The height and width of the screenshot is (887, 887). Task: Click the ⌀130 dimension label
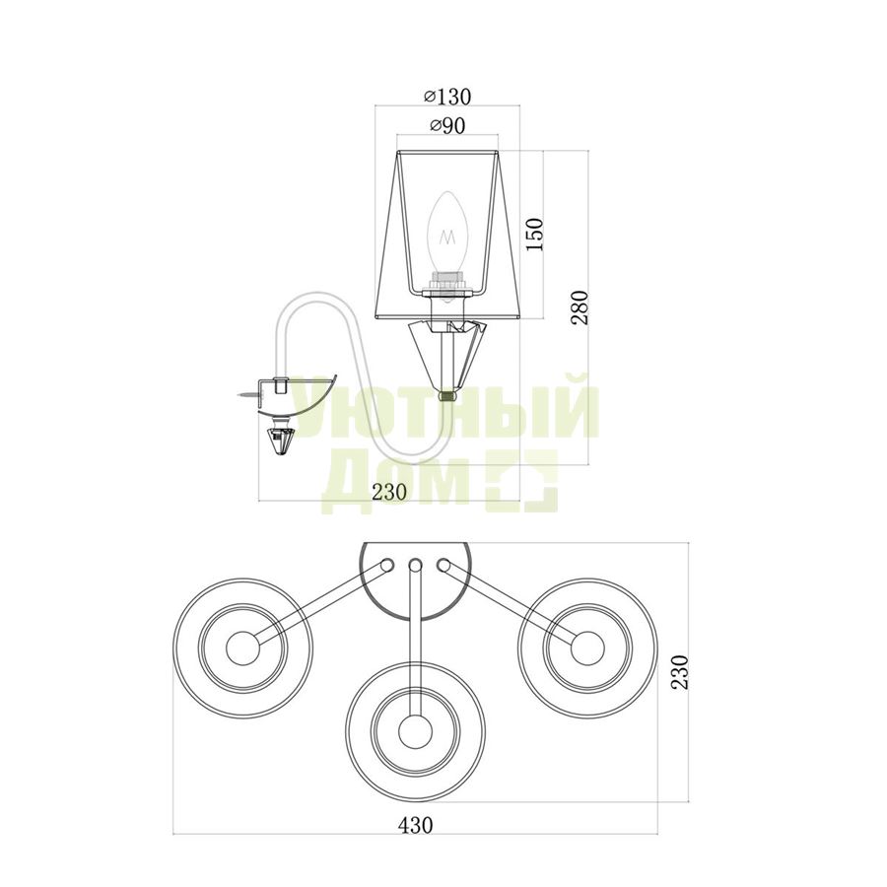point(447,97)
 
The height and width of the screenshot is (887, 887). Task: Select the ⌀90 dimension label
point(447,126)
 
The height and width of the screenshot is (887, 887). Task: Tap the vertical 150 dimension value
point(534,235)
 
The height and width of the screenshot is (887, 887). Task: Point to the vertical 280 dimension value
point(580,307)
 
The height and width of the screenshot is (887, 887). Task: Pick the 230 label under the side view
point(389,492)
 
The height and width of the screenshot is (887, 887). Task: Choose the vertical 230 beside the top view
point(679,671)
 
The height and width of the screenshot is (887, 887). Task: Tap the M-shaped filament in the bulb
point(449,238)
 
